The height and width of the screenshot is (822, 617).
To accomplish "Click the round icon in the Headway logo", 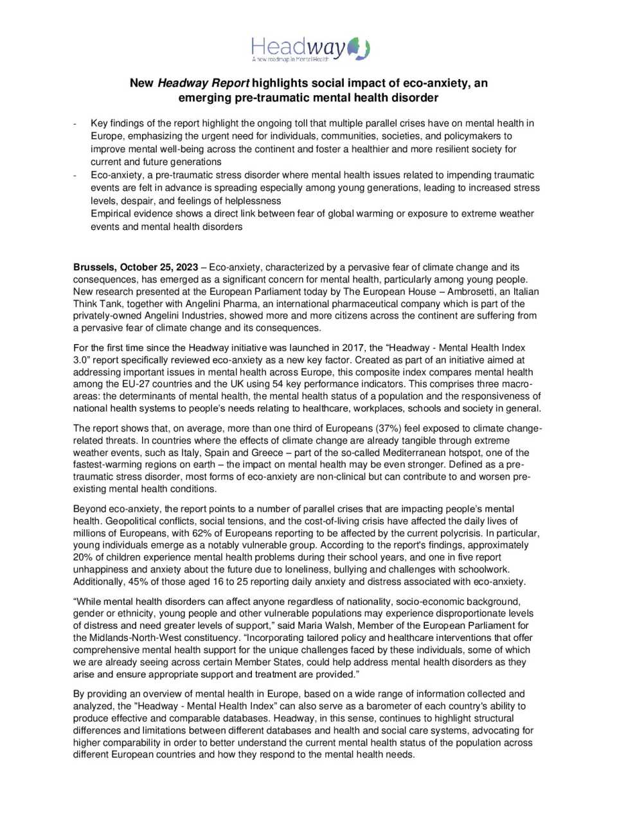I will [x=359, y=49].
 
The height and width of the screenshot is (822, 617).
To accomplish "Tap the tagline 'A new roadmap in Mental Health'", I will [x=290, y=59].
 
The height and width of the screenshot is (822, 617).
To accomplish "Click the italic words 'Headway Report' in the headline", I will [x=203, y=83].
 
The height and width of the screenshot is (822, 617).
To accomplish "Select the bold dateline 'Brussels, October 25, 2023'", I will [x=136, y=267].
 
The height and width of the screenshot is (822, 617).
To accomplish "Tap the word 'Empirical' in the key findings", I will [x=112, y=213].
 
